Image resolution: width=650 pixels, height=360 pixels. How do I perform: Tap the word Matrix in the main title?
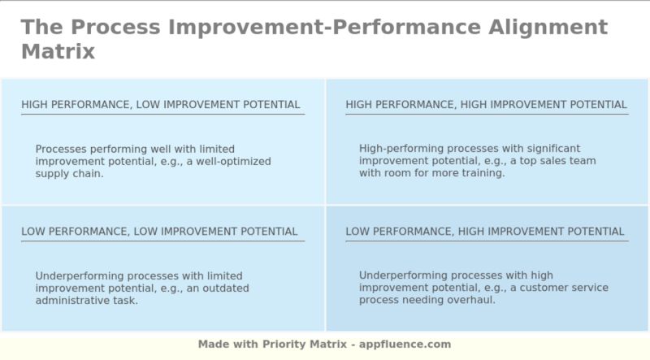(x=58, y=51)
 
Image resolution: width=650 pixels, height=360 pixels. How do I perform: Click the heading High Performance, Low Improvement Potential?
(x=161, y=104)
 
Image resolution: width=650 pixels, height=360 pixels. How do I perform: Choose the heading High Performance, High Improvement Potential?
(x=486, y=104)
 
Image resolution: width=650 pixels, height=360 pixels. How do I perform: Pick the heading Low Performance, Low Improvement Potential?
(x=159, y=232)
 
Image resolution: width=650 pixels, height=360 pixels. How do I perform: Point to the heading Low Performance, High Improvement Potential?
(x=485, y=232)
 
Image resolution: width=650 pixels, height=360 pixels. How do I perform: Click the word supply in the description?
(x=52, y=173)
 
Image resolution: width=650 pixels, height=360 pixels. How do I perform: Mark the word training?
(x=483, y=173)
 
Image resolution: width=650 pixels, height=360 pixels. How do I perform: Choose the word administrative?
(x=74, y=300)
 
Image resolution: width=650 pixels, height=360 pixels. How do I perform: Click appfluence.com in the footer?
(x=405, y=345)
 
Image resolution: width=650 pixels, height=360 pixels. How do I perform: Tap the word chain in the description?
(x=86, y=173)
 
